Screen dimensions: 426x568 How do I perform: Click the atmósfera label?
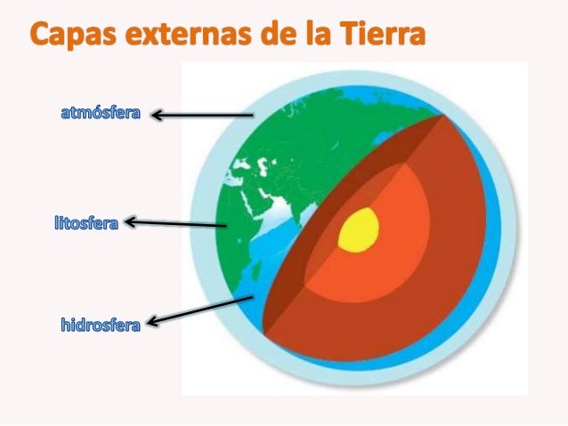click(x=101, y=114)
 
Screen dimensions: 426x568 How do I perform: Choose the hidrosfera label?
click(x=101, y=325)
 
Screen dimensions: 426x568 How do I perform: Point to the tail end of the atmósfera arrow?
click(x=253, y=115)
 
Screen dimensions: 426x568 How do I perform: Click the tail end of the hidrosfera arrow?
click(x=254, y=296)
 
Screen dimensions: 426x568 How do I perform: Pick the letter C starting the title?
click(x=44, y=36)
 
